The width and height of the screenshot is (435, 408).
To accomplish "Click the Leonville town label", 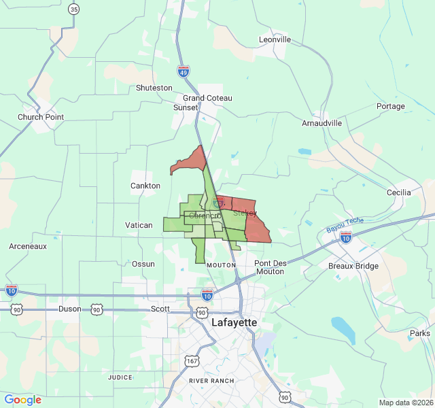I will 275,39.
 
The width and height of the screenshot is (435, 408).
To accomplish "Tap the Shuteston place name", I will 154,88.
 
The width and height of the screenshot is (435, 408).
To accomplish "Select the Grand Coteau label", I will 207,98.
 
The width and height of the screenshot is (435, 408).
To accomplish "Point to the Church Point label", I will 41,117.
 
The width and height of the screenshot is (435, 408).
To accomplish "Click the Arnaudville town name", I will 322,123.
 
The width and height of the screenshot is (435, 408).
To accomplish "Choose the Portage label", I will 390,106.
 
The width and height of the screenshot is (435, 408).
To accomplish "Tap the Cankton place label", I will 145,186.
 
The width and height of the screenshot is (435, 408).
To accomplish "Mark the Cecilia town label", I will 398,192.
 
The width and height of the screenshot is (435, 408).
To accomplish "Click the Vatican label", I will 139,225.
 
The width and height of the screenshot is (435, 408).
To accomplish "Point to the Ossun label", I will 143,264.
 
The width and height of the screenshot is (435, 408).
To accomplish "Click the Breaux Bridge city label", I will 353,266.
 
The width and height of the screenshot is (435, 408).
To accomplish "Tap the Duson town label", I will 70,309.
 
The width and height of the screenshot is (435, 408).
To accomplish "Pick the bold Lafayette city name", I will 234,322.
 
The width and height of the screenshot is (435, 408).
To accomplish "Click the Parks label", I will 419,333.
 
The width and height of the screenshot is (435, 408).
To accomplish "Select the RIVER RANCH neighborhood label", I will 211,381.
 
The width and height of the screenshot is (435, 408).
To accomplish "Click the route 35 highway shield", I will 74,9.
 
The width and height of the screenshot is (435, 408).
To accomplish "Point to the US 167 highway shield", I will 194,360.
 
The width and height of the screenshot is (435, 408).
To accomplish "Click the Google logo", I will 22,400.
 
